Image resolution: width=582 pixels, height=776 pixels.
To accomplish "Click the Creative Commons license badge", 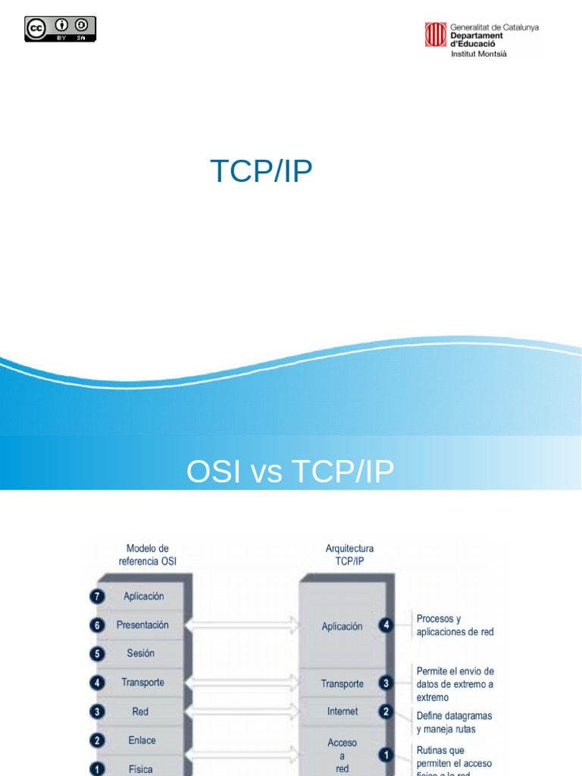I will tap(61, 29).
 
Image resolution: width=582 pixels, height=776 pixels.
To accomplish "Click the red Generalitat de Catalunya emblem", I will tap(435, 34).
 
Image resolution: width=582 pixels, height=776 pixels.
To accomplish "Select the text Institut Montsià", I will tap(479, 55).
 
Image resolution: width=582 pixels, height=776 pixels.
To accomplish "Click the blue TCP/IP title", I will tap(261, 172).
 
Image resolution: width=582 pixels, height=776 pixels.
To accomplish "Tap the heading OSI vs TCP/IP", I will tap(290, 471).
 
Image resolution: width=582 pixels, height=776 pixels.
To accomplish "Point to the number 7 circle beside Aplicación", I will tap(96, 596).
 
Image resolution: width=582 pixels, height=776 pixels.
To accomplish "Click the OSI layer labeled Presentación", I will tap(142, 625).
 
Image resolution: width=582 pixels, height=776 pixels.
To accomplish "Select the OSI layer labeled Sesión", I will tap(141, 653).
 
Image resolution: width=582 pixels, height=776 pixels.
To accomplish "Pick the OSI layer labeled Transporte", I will tap(142, 682).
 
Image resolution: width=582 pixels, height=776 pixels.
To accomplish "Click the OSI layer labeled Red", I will tap(140, 712).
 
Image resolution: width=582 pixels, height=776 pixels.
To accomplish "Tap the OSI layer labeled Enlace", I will tap(142, 740).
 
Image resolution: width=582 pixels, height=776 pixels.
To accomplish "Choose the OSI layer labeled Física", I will tap(140, 768).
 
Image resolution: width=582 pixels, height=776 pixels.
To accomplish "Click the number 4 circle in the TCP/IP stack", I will tap(386, 625).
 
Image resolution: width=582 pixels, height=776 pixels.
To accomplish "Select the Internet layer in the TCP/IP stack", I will tap(343, 712).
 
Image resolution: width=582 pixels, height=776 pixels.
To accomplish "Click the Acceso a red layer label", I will tap(343, 755).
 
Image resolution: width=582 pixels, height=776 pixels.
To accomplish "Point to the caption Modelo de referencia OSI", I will tap(147, 555).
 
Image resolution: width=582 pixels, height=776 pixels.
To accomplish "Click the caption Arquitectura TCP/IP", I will tap(349, 555).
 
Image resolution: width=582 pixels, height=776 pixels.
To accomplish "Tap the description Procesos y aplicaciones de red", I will tap(455, 625).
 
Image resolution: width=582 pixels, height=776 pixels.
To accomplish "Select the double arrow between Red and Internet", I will tap(242, 712).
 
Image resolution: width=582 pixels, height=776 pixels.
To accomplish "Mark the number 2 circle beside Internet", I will tap(386, 712).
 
